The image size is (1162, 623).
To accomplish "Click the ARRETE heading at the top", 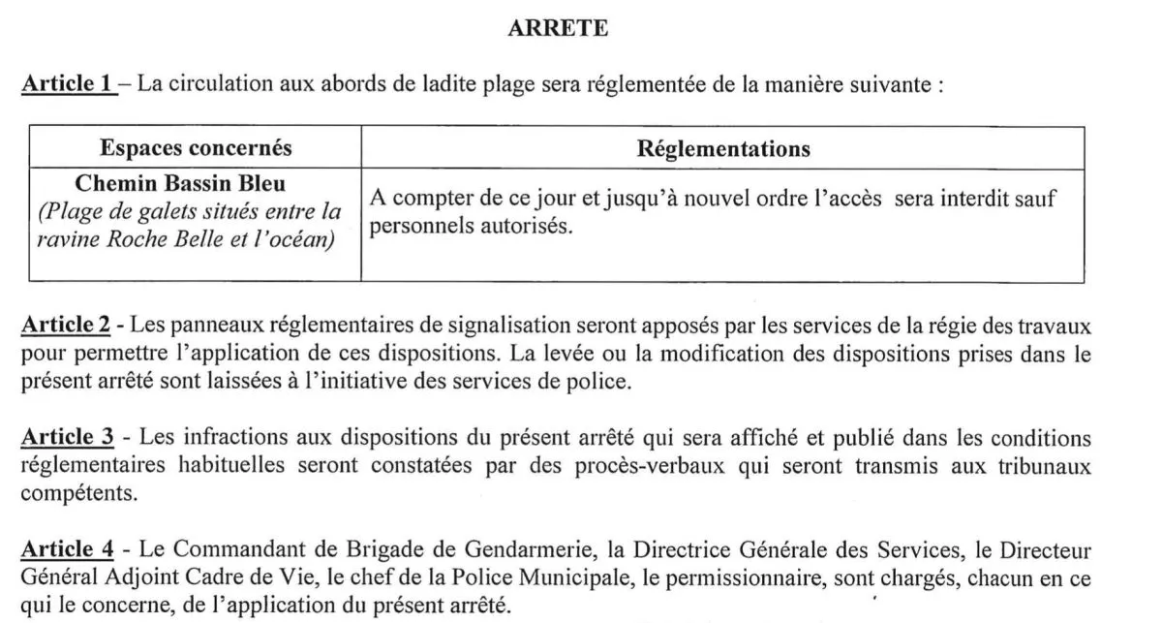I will pyautogui.click(x=558, y=29).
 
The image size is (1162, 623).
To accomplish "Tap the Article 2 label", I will pyautogui.click(x=67, y=324).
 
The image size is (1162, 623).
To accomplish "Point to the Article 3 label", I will pyautogui.click(x=67, y=438).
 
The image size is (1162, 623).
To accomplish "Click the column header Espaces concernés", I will pyautogui.click(x=196, y=149).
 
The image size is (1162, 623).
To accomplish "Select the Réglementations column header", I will pyautogui.click(x=722, y=149).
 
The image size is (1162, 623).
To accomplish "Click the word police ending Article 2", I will pyautogui.click(x=601, y=381).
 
